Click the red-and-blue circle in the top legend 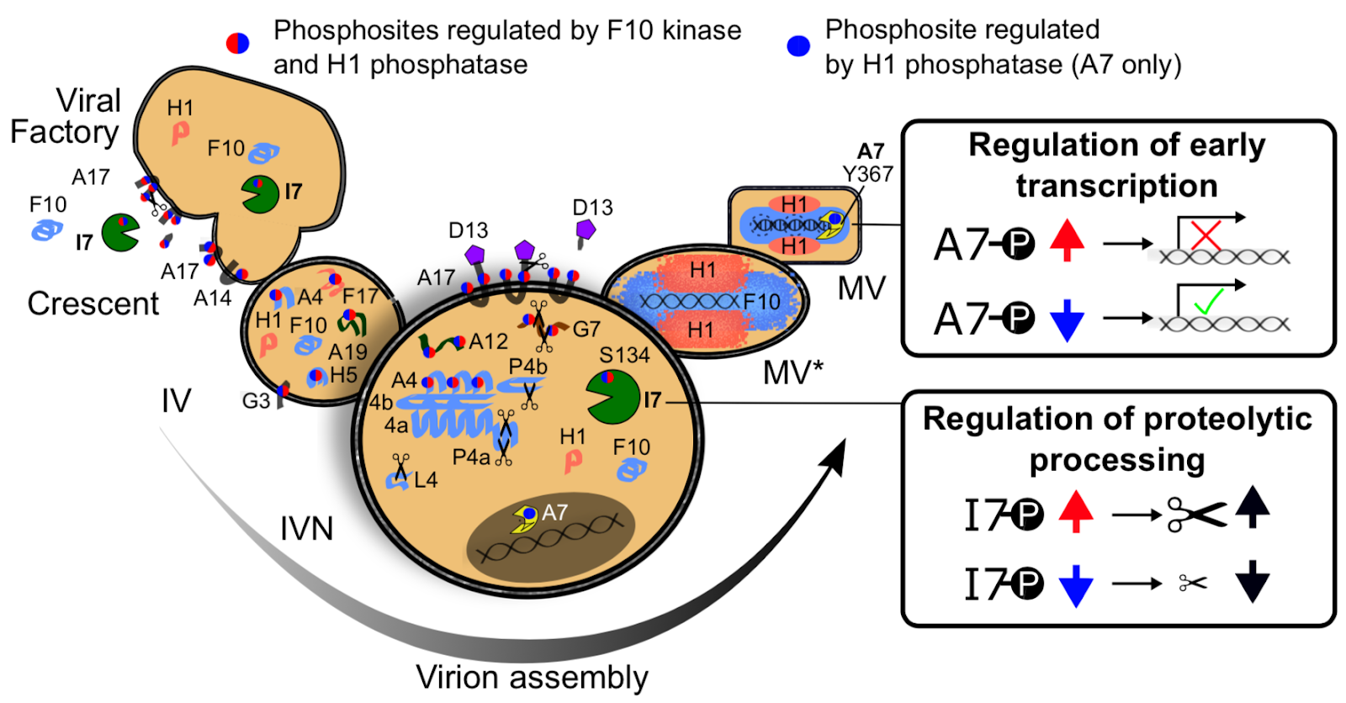(x=238, y=43)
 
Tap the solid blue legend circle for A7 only (x=798, y=45)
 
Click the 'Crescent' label (x=93, y=304)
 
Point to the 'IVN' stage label (x=306, y=529)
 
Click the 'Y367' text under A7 (x=867, y=174)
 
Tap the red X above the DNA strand (x=1206, y=235)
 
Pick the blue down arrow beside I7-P (x=1075, y=585)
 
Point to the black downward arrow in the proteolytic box (x=1252, y=581)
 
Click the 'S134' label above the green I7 (x=624, y=355)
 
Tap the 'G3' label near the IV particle (x=256, y=401)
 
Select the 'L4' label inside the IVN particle (x=426, y=480)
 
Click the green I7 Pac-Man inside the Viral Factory (x=260, y=194)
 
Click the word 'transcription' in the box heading (x=1116, y=186)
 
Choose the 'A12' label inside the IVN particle (x=488, y=341)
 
